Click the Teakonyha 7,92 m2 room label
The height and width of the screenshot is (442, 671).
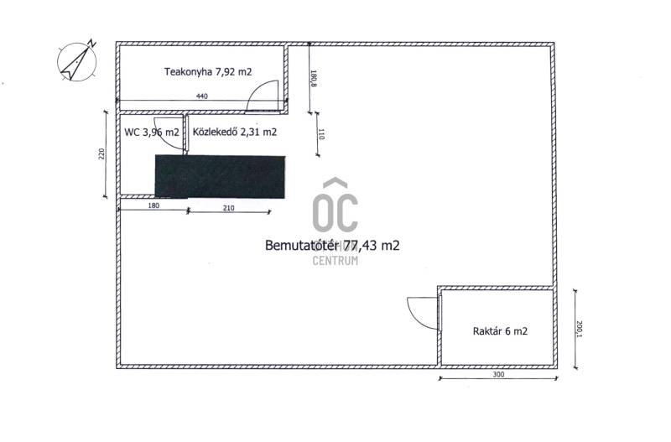[208, 71]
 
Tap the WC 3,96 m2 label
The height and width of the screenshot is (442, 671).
[152, 133]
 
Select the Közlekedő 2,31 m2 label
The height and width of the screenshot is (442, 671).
[235, 132]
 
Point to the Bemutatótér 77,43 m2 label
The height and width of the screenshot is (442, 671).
[332, 245]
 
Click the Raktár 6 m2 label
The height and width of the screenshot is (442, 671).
[500, 330]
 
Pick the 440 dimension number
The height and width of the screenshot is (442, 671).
[202, 96]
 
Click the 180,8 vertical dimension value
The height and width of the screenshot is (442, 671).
[313, 78]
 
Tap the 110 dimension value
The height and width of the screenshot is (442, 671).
[321, 134]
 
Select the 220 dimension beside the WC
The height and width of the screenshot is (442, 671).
[101, 153]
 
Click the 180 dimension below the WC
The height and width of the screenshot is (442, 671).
[153, 205]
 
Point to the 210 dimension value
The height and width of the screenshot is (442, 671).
[229, 208]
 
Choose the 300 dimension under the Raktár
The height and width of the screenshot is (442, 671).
[498, 374]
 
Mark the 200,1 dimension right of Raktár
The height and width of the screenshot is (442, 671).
[580, 329]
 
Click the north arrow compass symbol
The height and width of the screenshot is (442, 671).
[77, 60]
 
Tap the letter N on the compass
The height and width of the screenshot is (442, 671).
[92, 43]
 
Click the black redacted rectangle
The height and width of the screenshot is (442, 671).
[220, 177]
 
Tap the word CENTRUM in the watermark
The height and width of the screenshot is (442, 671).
[335, 260]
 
